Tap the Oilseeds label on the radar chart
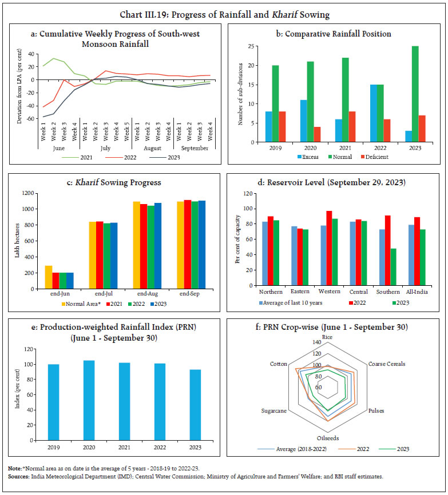(327, 438)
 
